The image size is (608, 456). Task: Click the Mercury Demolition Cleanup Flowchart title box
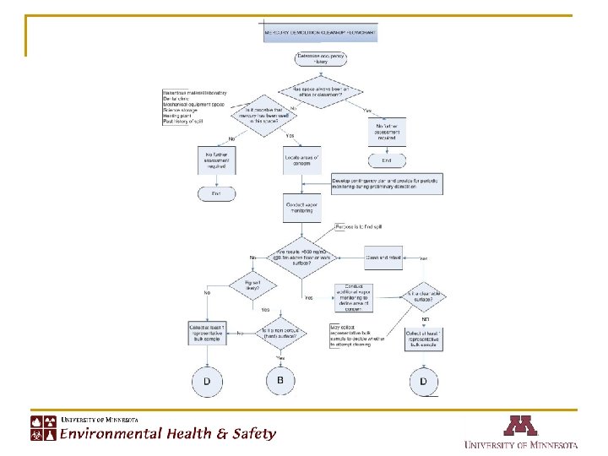coord(320,34)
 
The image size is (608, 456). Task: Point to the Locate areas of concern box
coord(303,159)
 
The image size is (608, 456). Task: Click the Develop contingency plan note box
coord(386,185)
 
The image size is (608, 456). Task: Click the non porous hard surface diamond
coord(281,334)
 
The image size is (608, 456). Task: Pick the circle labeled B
coord(281,381)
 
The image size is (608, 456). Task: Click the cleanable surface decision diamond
coord(426,297)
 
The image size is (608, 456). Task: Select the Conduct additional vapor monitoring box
coord(354,296)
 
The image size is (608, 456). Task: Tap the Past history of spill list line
coord(182,122)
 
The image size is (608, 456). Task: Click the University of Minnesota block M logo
coord(520,425)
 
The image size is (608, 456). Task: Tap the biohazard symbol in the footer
coord(38,435)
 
